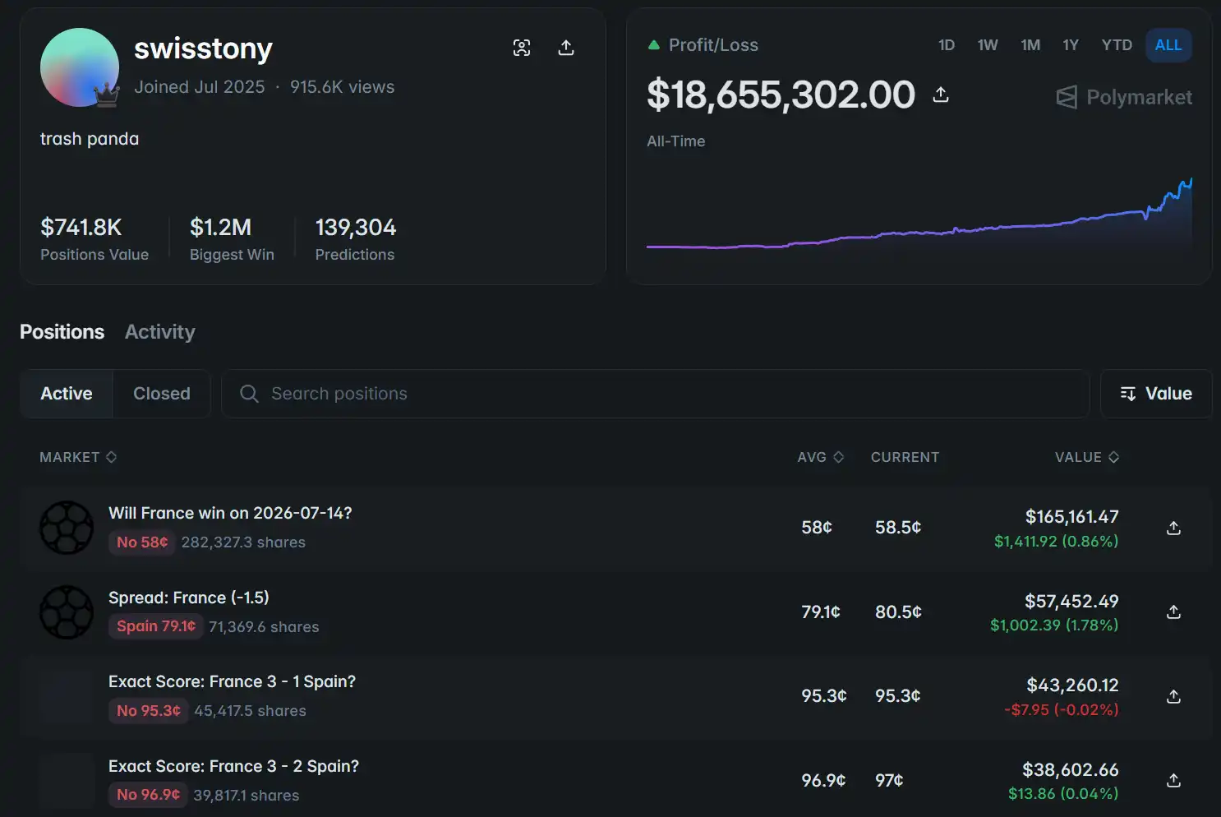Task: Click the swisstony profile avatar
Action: pos(80,67)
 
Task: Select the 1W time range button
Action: pos(987,45)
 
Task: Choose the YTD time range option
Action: pos(1117,45)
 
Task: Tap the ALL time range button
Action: pos(1168,45)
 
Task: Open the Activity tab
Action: pos(159,331)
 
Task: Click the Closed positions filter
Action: pos(161,393)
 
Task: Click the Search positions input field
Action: pos(655,393)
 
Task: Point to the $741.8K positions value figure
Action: pos(81,228)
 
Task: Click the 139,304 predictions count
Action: pos(356,228)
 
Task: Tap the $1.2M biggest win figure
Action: pos(220,228)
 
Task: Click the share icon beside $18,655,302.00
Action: pos(940,95)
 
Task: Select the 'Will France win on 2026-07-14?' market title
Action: pos(230,513)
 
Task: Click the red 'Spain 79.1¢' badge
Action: pos(156,626)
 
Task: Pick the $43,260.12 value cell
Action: pos(1072,685)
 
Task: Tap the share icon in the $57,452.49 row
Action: pos(1173,612)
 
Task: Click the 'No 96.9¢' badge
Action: pos(148,795)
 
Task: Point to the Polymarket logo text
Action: pos(1139,97)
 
